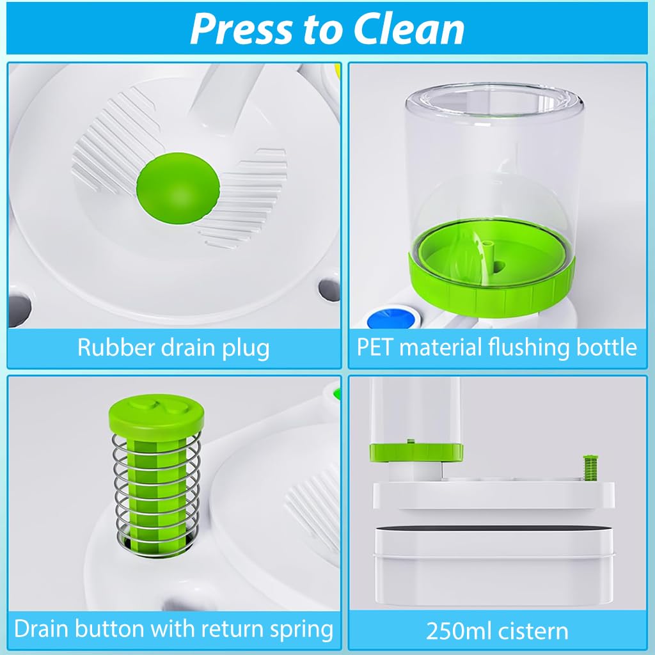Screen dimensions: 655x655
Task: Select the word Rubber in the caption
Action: point(116,347)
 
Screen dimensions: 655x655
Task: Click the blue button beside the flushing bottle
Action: point(391,318)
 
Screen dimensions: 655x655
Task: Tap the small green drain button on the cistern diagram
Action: point(590,468)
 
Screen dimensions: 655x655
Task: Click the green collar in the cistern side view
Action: point(416,452)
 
